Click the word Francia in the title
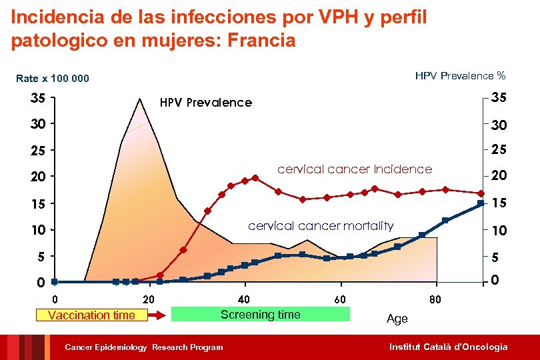tap(261, 41)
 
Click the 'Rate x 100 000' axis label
tap(52, 79)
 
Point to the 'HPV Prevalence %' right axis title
tap(460, 76)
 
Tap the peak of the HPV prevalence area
tap(139, 99)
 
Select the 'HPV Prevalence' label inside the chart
tap(205, 103)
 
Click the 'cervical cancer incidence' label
tap(354, 169)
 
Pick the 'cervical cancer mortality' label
tap(321, 226)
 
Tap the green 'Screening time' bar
tap(260, 315)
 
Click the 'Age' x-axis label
tap(397, 319)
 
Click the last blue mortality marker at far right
tap(481, 203)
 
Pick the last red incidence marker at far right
tap(481, 193)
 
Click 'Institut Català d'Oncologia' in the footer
tap(448, 347)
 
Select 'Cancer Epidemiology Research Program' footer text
tap(143, 347)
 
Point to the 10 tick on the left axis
tap(38, 231)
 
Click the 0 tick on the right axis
tap(495, 281)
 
